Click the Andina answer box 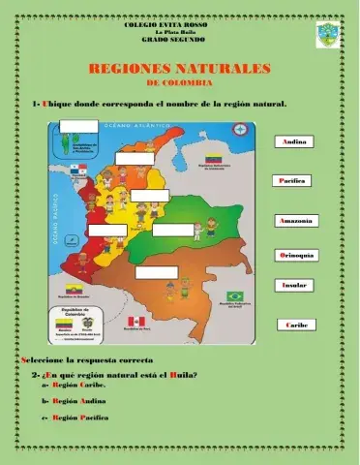pyautogui.click(x=295, y=142)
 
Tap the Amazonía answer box pyautogui.click(x=295, y=221)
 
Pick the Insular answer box pyautogui.click(x=294, y=287)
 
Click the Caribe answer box pyautogui.click(x=296, y=325)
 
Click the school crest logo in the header pyautogui.click(x=329, y=40)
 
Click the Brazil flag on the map pyautogui.click(x=234, y=296)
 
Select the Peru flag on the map pyautogui.click(x=135, y=321)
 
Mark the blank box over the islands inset pyautogui.click(x=78, y=126)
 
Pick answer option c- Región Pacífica pyautogui.click(x=80, y=417)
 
